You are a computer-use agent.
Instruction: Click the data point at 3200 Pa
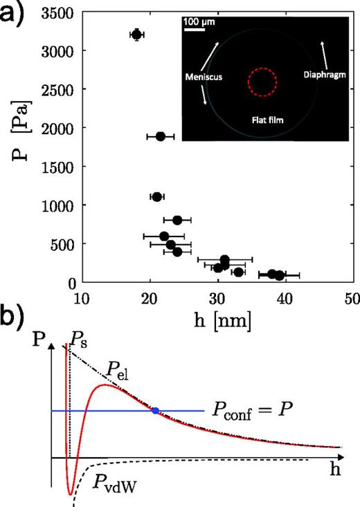[136, 35]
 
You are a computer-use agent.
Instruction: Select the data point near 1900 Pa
[160, 136]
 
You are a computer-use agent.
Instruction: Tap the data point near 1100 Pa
[156, 197]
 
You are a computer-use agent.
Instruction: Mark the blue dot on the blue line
[155, 411]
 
